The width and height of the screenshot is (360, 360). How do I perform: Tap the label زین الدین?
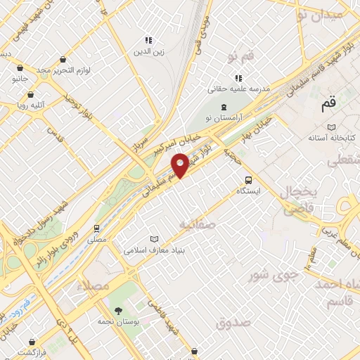(x=148, y=51)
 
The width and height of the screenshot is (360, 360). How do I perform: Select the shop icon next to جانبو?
(x=20, y=69)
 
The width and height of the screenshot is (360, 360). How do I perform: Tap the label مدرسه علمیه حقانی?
(x=239, y=89)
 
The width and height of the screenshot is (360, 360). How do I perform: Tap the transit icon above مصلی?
(x=97, y=229)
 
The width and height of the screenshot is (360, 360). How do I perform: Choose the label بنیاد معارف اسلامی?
(x=154, y=250)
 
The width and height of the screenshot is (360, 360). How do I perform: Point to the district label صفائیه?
(x=196, y=224)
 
